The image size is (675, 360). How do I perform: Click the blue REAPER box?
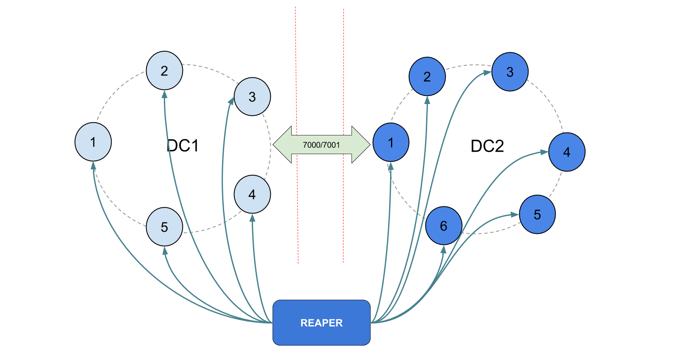pos(321,323)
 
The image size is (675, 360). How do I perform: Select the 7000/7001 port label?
pos(321,145)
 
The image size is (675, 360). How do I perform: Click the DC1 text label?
pos(183,146)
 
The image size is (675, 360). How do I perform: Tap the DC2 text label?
pos(487,146)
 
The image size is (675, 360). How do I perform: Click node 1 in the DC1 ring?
pos(93,142)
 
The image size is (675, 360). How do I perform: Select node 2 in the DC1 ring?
pos(164,70)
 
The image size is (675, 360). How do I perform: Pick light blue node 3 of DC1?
pos(252,97)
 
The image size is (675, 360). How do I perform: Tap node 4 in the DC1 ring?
pos(252,194)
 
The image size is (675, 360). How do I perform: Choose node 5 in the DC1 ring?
pos(164,227)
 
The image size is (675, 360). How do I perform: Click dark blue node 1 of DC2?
pos(391,142)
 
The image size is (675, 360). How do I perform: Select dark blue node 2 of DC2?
pos(427,76)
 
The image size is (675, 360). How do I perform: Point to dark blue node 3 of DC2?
pos(510,72)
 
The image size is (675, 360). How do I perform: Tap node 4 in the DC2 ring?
pos(567,152)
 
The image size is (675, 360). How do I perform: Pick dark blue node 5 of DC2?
pos(537,214)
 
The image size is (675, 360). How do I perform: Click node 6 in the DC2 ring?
pos(444,226)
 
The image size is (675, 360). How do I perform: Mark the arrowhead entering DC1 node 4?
pos(253,218)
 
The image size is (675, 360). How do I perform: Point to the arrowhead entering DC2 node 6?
pos(444,250)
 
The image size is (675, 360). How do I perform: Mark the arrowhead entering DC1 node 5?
pos(165,250)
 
